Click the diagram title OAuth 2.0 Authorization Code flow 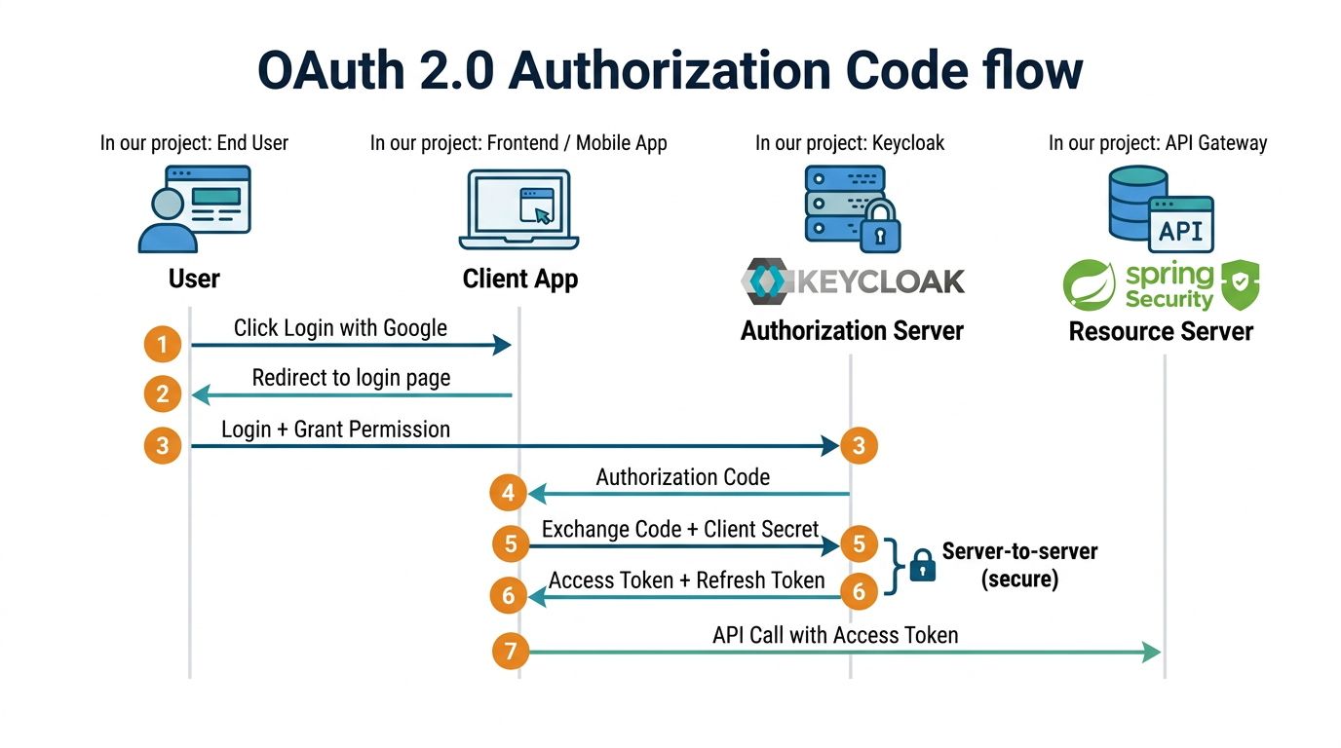pos(670,71)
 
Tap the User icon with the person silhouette pos(194,208)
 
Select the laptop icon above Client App pos(518,209)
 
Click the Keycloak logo pos(852,280)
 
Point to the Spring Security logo pos(1161,284)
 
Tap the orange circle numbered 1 pos(163,344)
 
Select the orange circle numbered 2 pos(163,394)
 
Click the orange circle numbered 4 pos(508,494)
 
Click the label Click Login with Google pos(340,328)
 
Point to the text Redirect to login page pos(351,378)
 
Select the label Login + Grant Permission pos(335,430)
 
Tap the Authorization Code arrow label pos(682,477)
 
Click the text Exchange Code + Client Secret pos(680,529)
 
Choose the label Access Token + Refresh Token pos(686,580)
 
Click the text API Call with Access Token pos(835,635)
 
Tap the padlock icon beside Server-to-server pos(922,565)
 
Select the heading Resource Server pos(1161,332)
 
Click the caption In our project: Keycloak pos(850,143)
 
